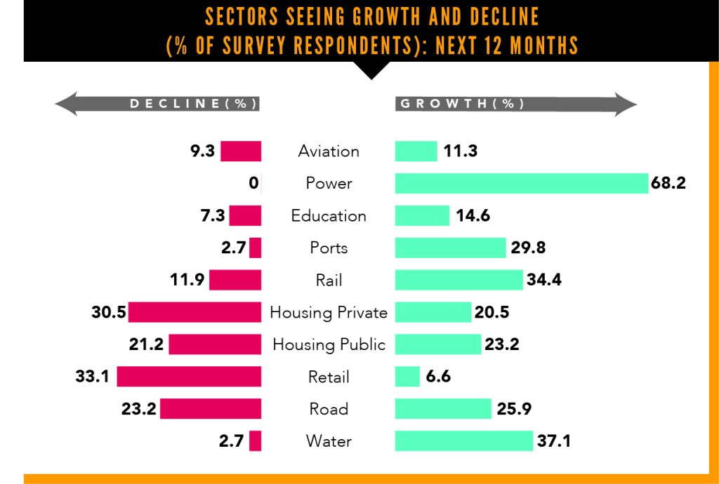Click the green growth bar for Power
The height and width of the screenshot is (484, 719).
pos(520,184)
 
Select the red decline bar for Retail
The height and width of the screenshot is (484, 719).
pos(189,377)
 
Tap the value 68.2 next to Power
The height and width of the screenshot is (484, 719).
pos(668,184)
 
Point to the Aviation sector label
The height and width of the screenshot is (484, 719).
pos(329,152)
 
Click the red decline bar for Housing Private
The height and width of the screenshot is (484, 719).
pos(194,312)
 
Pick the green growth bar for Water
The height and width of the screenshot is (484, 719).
pos(464,441)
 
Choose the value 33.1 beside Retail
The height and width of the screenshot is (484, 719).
pos(92,377)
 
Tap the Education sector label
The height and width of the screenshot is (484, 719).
pos(329,216)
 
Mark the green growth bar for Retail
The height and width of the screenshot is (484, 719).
pos(407,377)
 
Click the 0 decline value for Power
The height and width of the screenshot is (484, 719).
pos(253,184)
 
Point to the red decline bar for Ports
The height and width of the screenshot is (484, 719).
pos(255,248)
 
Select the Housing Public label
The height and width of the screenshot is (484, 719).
pos(329,344)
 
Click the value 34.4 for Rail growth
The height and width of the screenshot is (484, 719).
pos(544,281)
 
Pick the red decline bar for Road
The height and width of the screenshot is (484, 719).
pos(211,409)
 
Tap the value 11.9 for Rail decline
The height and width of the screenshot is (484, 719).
pos(187,281)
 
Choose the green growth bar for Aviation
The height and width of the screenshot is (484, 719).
pos(416,152)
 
